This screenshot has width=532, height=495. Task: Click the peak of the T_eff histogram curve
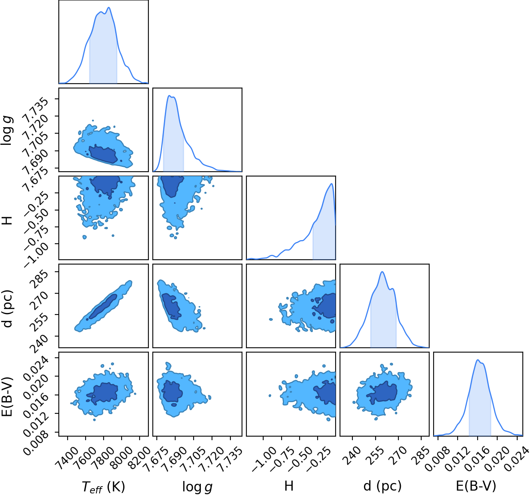[x=109, y=7]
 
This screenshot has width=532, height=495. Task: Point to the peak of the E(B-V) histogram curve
[x=477, y=360]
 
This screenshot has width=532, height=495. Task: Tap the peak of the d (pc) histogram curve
[x=382, y=272]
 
